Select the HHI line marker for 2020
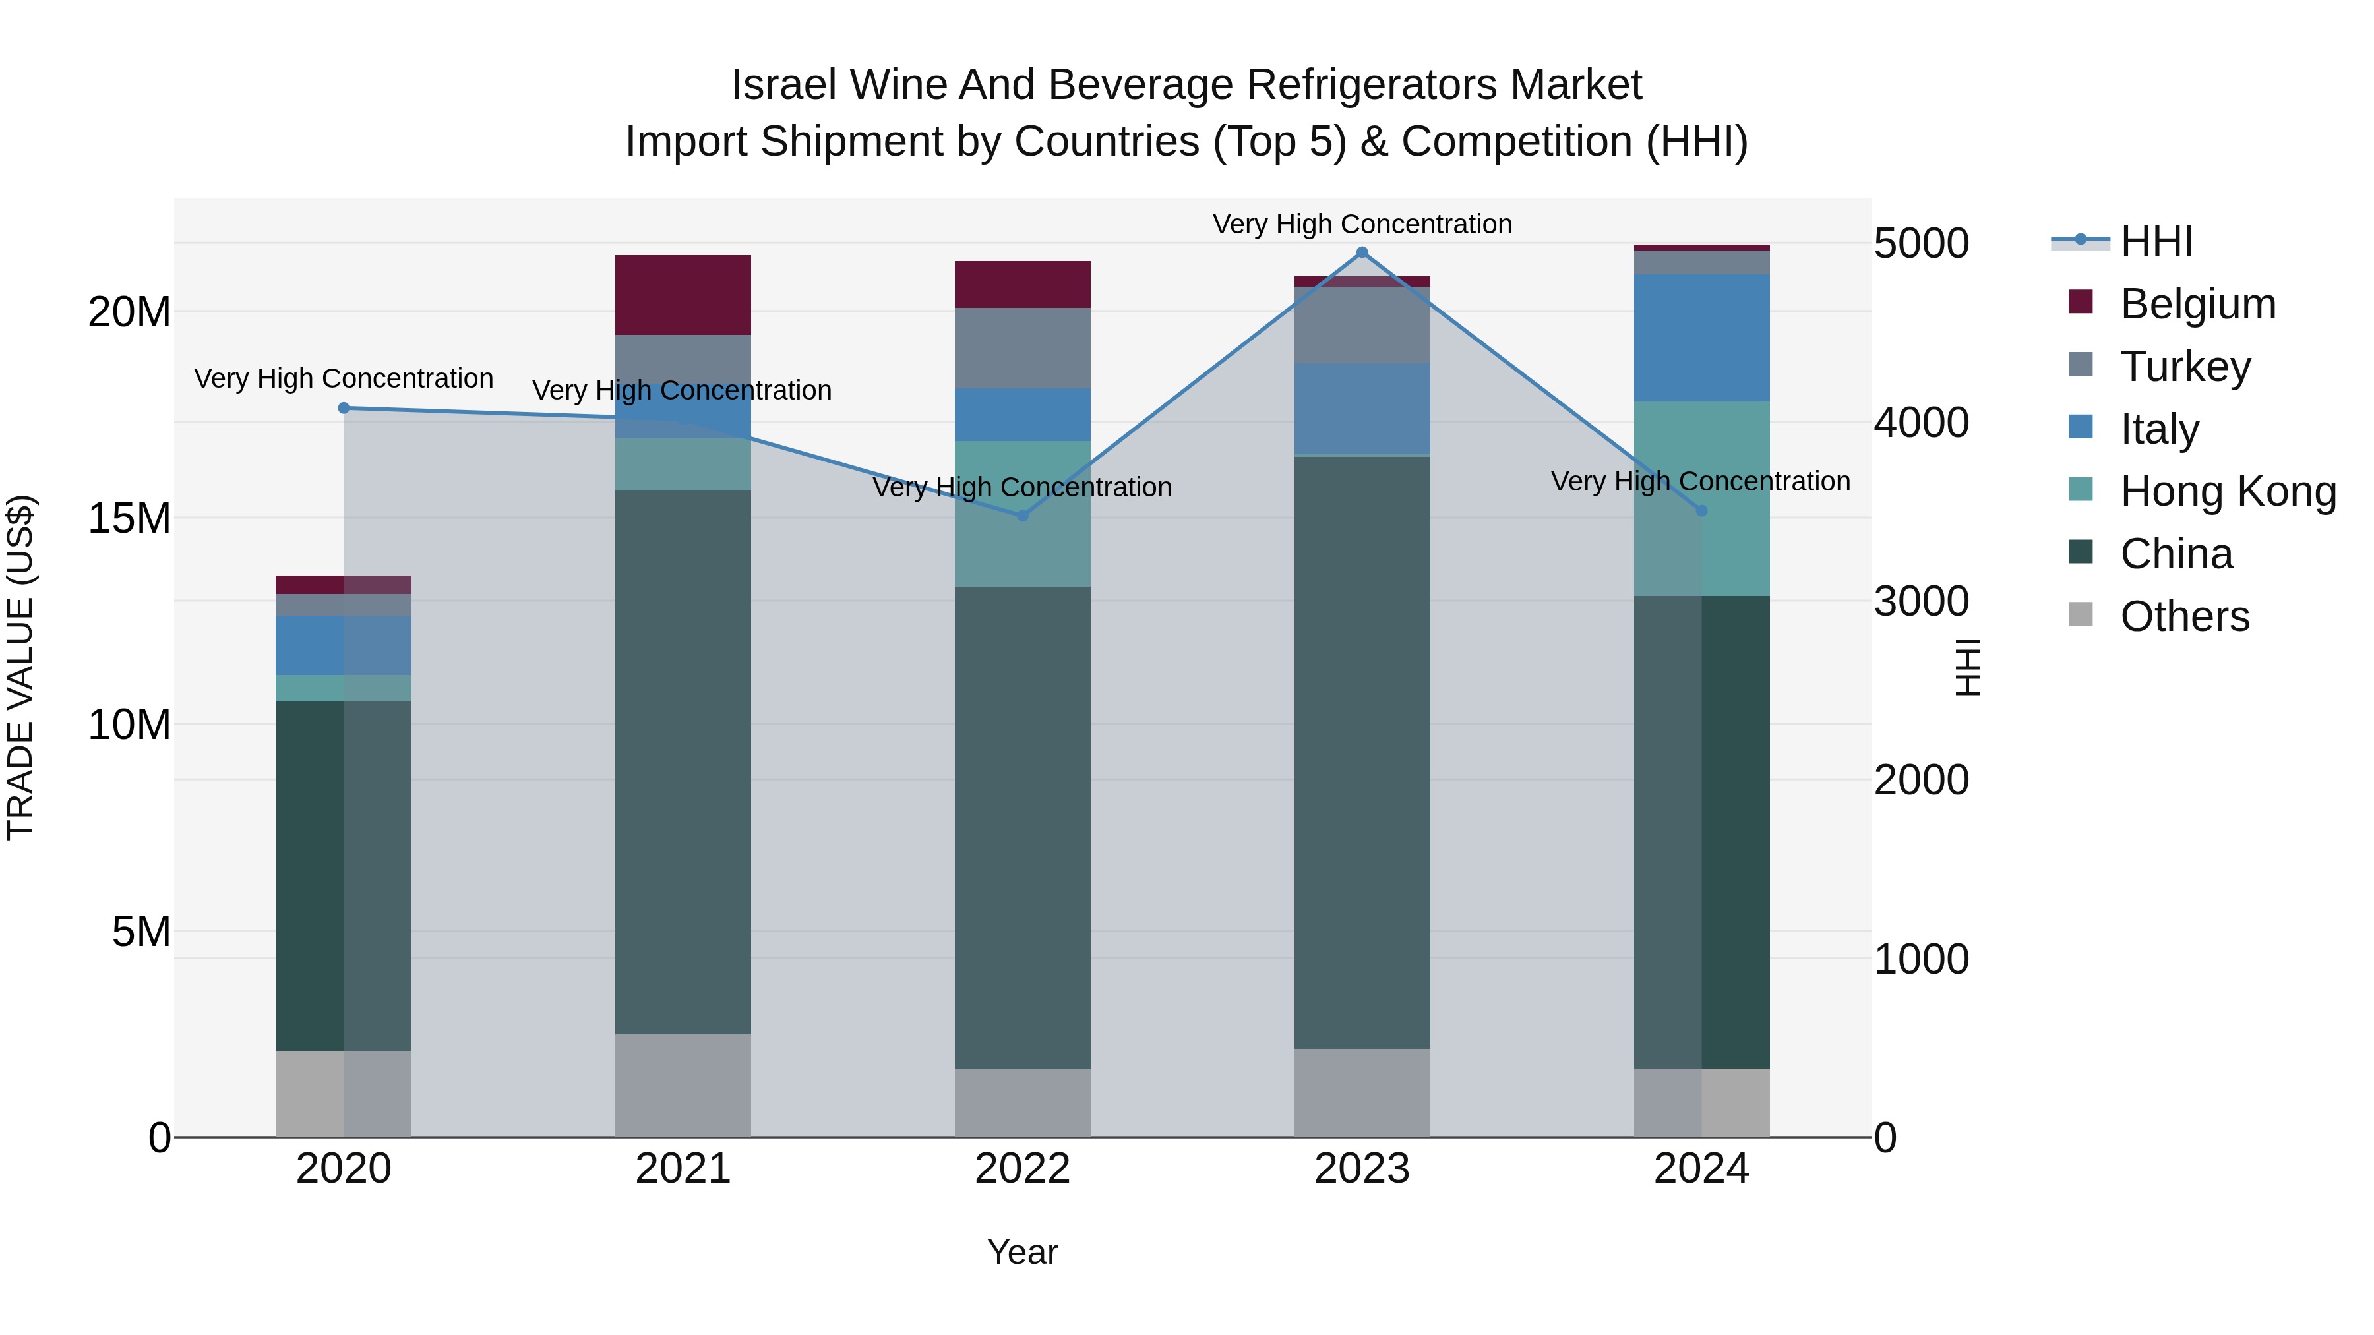coord(344,408)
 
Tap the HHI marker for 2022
coord(1022,516)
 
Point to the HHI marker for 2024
coord(1701,510)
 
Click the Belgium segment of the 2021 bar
coord(683,295)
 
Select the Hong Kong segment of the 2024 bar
coord(1701,498)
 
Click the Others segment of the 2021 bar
coord(683,1084)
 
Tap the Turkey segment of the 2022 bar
coord(1022,347)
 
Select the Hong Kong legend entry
coord(2226,491)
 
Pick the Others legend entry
coord(2183,616)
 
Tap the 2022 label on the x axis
coord(1022,1169)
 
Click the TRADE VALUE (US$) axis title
coord(21,667)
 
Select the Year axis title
coord(1022,1252)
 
